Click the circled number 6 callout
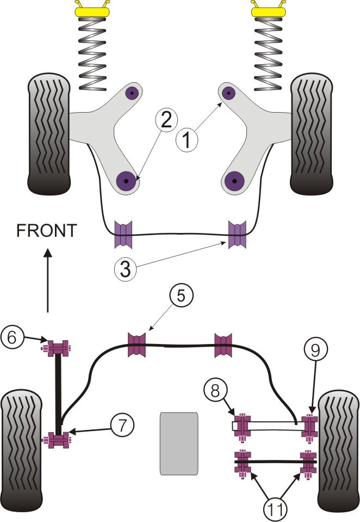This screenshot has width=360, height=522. pyautogui.click(x=13, y=336)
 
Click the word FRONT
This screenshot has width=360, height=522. pyautogui.click(x=47, y=231)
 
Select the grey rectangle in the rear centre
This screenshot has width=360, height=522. pyautogui.click(x=179, y=443)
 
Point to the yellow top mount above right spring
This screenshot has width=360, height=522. pyautogui.click(x=268, y=9)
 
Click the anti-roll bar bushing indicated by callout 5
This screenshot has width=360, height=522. pyautogui.click(x=137, y=344)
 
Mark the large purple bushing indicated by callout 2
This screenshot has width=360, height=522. pyautogui.click(x=127, y=179)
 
